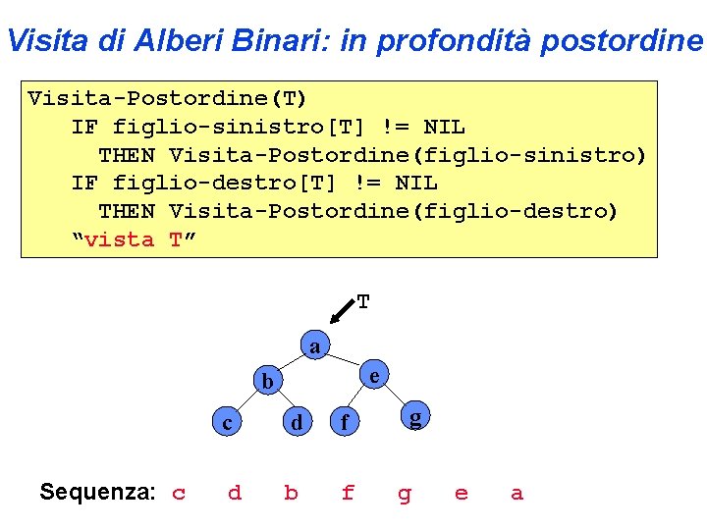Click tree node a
click(314, 347)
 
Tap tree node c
click(228, 423)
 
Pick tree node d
click(295, 423)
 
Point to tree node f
click(343, 424)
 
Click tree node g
click(416, 419)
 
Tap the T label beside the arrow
click(363, 302)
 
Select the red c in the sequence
click(179, 493)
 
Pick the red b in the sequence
click(291, 493)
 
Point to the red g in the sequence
click(405, 494)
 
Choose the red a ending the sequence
click(517, 493)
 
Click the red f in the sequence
click(348, 493)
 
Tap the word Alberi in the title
click(173, 41)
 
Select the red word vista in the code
click(120, 239)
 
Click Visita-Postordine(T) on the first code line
click(167, 98)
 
